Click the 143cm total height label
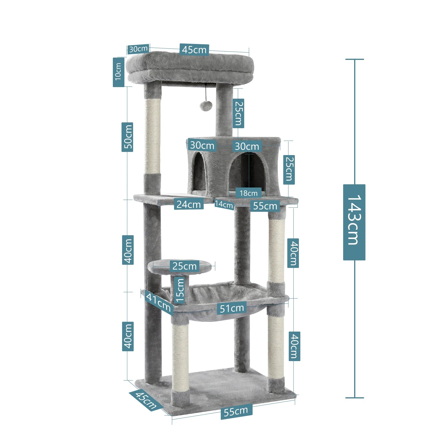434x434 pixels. pos(354,222)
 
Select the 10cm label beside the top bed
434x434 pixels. pos(118,72)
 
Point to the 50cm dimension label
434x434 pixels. pos(127,137)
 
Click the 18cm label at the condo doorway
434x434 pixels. pos(248,193)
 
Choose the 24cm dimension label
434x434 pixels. pos(189,205)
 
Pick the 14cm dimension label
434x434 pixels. pos(224,205)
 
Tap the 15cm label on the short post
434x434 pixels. pos(180,290)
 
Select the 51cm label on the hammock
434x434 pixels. pos(231,308)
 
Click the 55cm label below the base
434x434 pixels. pos(236,411)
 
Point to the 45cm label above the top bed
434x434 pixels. pos(194,50)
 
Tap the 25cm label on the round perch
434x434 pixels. pos(184,266)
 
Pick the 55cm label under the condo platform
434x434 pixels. pos(265,206)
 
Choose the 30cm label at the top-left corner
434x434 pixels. pos(138,49)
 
